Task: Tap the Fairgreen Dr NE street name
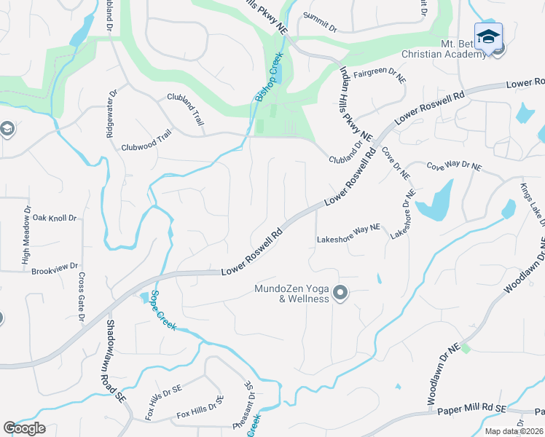[x=379, y=74]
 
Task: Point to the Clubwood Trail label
[x=146, y=145]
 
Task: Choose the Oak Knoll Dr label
[x=53, y=218]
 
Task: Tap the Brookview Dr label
[x=53, y=271]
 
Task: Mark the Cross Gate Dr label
[x=81, y=297]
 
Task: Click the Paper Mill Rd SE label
[x=471, y=411]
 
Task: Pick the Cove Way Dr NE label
[x=454, y=167]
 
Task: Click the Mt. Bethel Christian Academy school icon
[x=488, y=36]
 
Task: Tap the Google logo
[x=24, y=428]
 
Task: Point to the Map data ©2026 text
[x=514, y=431]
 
